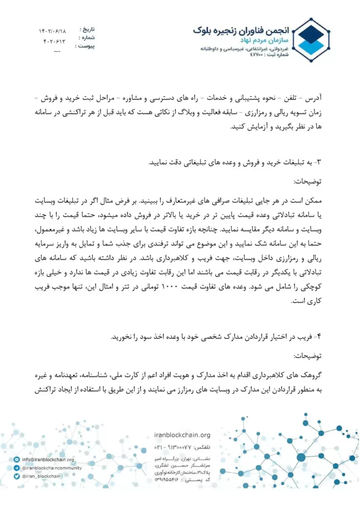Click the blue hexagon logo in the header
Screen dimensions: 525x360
tap(311, 39)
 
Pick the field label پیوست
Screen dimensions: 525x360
tap(85, 46)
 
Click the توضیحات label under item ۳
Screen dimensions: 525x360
tap(308, 181)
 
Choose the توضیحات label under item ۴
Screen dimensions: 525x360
tap(308, 356)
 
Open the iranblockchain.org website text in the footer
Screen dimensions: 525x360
tap(182, 435)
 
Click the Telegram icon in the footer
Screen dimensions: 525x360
tap(17, 468)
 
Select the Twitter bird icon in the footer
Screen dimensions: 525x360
tap(17, 476)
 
